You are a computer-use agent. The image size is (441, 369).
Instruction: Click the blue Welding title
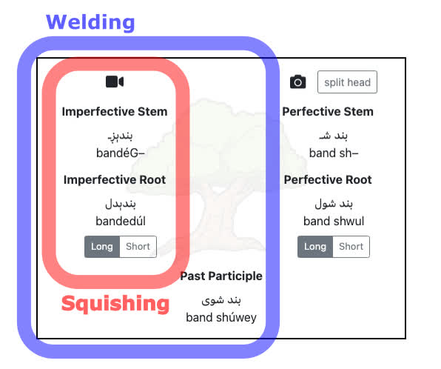tap(90, 22)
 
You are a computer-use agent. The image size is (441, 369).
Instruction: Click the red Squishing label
tap(115, 304)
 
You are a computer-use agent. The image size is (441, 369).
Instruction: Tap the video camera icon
tap(115, 82)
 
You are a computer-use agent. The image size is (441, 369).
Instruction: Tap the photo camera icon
tap(298, 82)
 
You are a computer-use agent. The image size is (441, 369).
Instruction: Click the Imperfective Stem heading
tap(115, 112)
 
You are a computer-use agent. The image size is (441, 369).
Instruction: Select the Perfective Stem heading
tap(328, 112)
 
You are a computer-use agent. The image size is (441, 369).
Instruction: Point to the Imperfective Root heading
tap(115, 180)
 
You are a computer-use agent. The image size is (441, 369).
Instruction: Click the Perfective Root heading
tap(328, 180)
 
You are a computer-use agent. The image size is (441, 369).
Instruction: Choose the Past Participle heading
tap(221, 276)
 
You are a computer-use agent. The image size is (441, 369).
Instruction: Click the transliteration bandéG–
tap(121, 153)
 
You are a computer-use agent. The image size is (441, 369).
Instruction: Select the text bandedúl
tap(121, 221)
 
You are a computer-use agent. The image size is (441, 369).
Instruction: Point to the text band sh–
tap(334, 153)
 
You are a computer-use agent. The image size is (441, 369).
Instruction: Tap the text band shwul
tap(334, 221)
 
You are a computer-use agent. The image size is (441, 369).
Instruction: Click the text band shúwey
tap(221, 317)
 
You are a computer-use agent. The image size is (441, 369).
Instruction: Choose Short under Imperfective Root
tap(138, 247)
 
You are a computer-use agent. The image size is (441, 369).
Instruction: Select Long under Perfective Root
tap(315, 247)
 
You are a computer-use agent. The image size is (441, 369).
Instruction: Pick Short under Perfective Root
tap(351, 247)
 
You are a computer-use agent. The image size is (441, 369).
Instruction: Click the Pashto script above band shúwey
tap(221, 300)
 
